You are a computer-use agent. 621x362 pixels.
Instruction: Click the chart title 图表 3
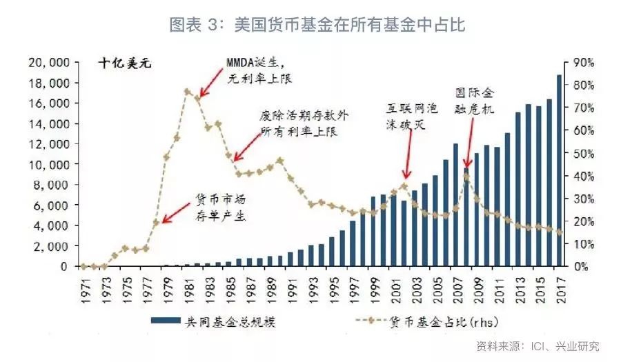point(318,26)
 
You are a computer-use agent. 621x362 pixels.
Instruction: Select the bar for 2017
point(560,170)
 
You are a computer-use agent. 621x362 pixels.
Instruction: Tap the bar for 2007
point(456,205)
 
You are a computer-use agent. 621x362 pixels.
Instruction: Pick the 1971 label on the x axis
point(83,289)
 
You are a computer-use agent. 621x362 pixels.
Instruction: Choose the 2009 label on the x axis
point(477,289)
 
